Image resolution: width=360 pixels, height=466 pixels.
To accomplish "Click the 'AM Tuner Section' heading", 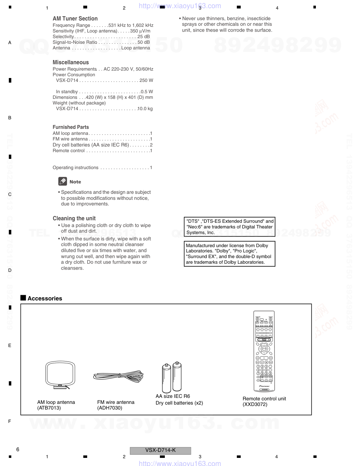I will click(x=75, y=19).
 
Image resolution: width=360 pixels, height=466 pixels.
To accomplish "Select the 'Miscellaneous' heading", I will click(x=71, y=62).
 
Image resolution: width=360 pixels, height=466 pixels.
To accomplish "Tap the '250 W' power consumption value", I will click(x=146, y=80).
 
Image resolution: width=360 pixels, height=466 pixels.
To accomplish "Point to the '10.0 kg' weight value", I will click(x=145, y=109).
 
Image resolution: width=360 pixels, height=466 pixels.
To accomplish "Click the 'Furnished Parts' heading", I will click(x=71, y=127).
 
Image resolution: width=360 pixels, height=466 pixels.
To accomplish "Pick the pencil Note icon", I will click(x=62, y=181).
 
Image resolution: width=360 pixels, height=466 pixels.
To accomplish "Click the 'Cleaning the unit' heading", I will click(x=74, y=219).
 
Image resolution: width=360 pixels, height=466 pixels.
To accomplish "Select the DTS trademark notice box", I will click(x=229, y=227).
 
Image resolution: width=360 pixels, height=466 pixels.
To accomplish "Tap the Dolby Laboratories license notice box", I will click(x=229, y=254).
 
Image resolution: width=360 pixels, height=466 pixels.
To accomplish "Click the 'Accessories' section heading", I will click(x=45, y=299).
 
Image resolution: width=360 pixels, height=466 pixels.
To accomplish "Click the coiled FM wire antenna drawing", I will click(x=118, y=376).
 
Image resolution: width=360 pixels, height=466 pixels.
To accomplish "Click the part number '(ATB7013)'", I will click(x=49, y=408).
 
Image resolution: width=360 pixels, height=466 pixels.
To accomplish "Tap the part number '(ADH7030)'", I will click(x=110, y=408).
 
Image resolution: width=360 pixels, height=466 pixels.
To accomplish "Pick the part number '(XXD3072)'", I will click(x=255, y=405).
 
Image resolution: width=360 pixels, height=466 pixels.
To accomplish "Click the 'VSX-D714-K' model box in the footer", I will click(x=160, y=450).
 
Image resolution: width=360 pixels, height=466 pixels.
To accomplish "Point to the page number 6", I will click(x=18, y=449).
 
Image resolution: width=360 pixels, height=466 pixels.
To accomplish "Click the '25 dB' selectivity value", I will click(x=144, y=37).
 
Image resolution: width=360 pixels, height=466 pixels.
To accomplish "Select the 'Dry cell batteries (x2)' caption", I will click(x=179, y=403).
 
